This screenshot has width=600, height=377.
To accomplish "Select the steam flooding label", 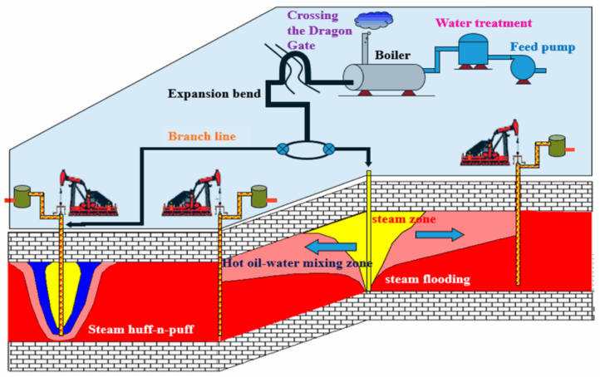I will (x=427, y=280).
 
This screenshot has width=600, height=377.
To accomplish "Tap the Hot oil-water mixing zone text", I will (x=296, y=263).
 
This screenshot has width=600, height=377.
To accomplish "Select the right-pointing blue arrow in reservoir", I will (x=437, y=235).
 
